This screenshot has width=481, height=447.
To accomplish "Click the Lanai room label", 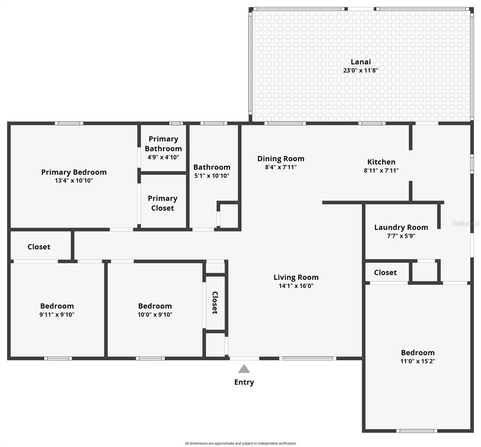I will [x=360, y=62].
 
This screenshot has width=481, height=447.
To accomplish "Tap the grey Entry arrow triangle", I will [x=244, y=369].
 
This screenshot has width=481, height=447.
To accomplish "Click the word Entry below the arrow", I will [x=244, y=382].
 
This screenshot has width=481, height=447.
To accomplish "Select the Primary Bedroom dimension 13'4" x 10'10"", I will [x=74, y=181].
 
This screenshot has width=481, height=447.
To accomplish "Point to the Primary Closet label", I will [x=163, y=203].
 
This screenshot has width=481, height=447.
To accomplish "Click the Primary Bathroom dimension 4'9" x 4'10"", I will [x=163, y=157].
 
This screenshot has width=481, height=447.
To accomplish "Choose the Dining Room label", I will [x=281, y=159].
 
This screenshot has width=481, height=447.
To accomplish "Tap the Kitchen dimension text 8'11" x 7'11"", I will [x=381, y=171].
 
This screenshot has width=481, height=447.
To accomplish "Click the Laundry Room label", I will [x=401, y=227].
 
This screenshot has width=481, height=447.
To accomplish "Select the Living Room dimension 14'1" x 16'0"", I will [x=296, y=286].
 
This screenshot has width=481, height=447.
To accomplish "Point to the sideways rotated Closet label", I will [x=215, y=302].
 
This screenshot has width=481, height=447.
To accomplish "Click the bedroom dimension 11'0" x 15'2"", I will [x=418, y=361].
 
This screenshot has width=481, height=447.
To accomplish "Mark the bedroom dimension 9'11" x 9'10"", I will [x=57, y=314].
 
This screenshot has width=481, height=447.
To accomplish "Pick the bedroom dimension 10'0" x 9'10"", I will [x=155, y=314].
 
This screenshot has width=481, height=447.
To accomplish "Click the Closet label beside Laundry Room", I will [x=385, y=272].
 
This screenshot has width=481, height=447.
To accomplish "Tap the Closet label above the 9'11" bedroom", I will [x=39, y=247].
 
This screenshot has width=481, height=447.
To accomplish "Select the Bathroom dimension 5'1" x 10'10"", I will [x=211, y=176].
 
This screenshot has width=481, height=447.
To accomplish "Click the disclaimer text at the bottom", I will [x=240, y=443].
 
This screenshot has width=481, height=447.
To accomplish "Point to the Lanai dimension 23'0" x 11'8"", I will [x=360, y=70].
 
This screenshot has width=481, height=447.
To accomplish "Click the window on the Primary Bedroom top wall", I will [x=69, y=123].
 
